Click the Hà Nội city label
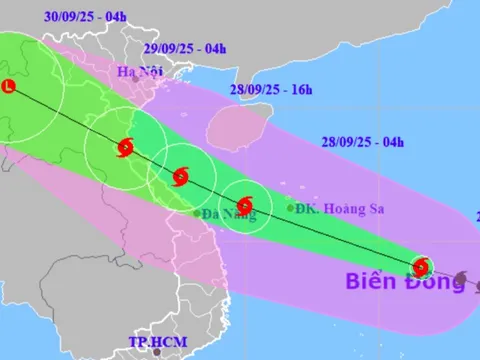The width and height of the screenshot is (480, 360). (x=139, y=71)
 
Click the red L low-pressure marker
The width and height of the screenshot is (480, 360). (x=8, y=87)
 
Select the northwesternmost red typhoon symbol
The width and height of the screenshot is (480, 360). (x=125, y=148)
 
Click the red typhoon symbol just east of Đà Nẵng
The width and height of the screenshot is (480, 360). (x=243, y=208)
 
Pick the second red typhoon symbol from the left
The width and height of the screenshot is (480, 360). (x=179, y=178)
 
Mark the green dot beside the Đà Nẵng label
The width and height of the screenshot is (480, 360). (x=196, y=213)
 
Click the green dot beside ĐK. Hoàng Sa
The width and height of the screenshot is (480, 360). (x=291, y=208)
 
